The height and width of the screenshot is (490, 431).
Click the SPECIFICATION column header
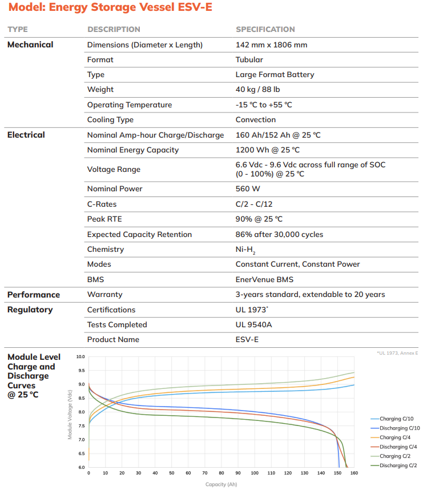tap(265, 29)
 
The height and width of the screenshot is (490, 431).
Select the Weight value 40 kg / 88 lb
tap(257, 89)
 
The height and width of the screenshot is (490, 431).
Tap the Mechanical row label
tap(30, 45)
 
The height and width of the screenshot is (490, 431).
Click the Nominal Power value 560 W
tap(248, 189)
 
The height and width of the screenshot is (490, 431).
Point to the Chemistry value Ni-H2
tap(245, 250)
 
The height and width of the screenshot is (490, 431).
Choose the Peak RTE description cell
tap(104, 219)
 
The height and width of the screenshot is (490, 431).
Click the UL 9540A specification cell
tap(253, 325)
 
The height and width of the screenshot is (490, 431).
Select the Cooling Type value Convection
tap(256, 120)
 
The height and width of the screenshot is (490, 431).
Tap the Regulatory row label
tap(30, 310)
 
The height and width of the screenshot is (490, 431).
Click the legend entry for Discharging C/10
tap(395, 428)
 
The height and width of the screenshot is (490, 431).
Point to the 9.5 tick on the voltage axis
tap(80, 370)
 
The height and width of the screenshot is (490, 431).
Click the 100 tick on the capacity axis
tap(255, 473)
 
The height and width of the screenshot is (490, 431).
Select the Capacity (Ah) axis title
tap(221, 484)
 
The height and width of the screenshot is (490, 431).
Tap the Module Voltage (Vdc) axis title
tap(70, 415)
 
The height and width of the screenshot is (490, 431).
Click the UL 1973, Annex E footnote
tap(397, 353)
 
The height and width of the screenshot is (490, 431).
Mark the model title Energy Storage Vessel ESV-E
tap(131, 7)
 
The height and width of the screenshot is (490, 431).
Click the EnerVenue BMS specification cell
tap(264, 279)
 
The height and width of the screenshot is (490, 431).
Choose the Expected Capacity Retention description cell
tap(139, 235)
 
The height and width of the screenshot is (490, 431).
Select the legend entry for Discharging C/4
tap(393, 447)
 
